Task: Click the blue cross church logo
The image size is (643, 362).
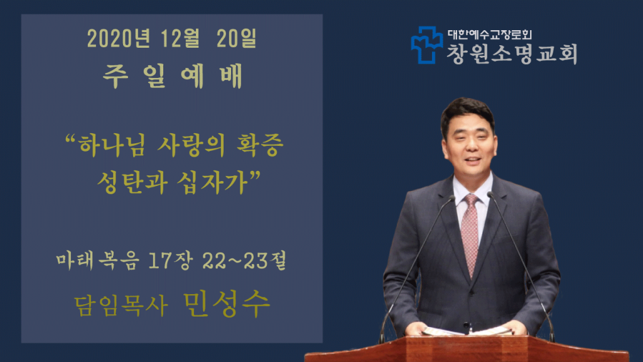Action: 427,45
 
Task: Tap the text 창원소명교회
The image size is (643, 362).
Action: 512,53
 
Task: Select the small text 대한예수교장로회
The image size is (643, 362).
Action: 490,35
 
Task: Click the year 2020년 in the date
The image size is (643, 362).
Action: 119,38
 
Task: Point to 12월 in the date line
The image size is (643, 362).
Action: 180,38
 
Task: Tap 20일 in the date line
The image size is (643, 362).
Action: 236,38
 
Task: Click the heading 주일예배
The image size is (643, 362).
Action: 173,76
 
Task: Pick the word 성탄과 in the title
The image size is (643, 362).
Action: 132,182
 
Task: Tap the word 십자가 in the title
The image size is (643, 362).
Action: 213,182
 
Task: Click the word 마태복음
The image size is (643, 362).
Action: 97,261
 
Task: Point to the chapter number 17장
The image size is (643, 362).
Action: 170,261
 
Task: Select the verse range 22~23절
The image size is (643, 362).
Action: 244,261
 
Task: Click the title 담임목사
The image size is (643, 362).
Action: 121,306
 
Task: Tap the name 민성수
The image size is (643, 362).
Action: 226,304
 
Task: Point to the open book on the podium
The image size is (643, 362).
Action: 467,331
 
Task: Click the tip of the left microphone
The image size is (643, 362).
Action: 452,198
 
